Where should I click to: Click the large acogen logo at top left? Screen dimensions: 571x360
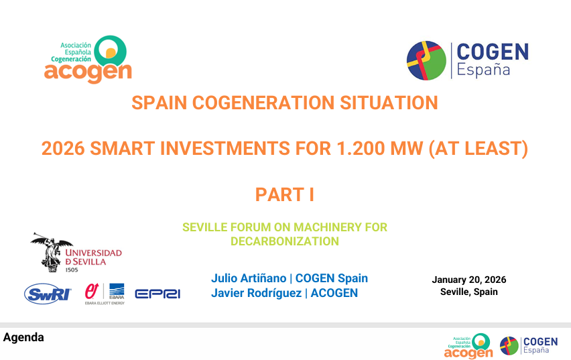[88, 60]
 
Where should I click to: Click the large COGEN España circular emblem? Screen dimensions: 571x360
[426, 60]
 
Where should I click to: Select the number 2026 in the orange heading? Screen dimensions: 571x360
[63, 149]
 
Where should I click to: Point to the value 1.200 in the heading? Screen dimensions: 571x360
[361, 149]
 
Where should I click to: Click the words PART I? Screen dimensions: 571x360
[284, 194]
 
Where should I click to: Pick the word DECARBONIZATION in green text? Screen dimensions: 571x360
[285, 241]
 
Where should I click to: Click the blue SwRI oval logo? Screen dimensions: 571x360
[48, 294]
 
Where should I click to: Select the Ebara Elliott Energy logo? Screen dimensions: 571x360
[105, 294]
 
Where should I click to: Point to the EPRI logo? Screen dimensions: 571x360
[157, 294]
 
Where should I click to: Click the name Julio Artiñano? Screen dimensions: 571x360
[249, 278]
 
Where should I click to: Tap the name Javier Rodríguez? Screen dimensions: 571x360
[257, 293]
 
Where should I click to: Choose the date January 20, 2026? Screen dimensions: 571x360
[469, 280]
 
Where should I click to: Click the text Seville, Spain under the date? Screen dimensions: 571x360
[469, 292]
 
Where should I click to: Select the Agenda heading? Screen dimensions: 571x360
[23, 337]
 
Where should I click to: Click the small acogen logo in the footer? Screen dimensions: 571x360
[468, 346]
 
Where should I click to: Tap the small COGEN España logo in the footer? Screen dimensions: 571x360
[529, 346]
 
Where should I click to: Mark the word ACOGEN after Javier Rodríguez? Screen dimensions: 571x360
[334, 293]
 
